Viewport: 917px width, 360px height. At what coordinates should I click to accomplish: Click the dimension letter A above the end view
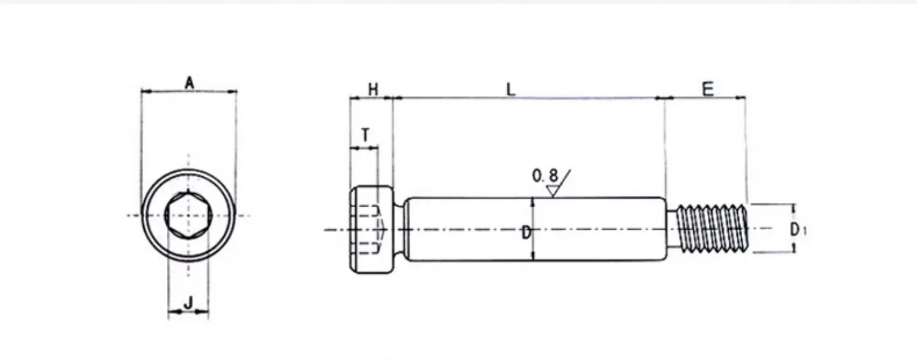coord(189,83)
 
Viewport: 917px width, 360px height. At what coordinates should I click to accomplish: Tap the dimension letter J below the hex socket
coord(188,303)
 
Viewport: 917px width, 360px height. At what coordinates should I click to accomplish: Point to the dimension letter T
coord(365,134)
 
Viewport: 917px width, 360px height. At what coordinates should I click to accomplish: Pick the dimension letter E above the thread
coord(708,89)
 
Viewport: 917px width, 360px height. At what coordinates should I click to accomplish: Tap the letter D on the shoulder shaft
coord(526,233)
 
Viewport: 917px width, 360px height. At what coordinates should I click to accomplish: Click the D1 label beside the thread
coord(797,230)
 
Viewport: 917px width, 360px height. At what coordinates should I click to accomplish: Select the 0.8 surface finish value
coord(545,175)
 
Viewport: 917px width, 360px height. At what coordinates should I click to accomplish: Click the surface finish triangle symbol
coord(553,191)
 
